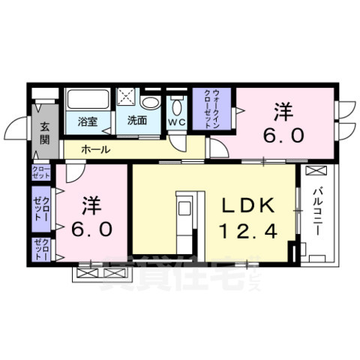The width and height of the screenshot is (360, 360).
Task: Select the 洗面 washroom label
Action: pos(136,120)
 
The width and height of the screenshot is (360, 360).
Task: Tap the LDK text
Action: pos(242,204)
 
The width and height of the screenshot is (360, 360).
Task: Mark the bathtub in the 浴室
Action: pos(88,100)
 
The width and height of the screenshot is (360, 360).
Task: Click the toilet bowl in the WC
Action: pos(177,103)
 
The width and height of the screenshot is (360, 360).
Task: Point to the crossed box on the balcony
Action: pos(316,171)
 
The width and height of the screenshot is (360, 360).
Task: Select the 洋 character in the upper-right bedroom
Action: pos(282,113)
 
